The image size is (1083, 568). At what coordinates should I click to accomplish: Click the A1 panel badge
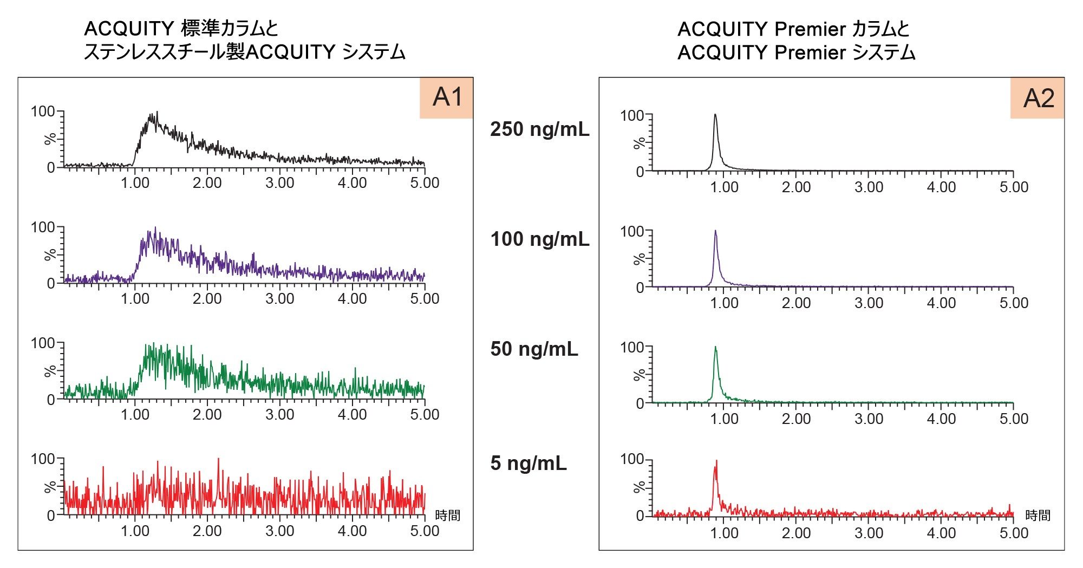click(447, 97)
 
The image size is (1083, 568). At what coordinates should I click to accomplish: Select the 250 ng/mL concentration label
click(539, 129)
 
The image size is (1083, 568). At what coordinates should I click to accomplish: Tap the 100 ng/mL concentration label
click(539, 239)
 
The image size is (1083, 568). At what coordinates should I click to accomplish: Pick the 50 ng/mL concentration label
click(534, 349)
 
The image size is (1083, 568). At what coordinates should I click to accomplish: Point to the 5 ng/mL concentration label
click(528, 463)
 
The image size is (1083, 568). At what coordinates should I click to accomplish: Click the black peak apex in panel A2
click(715, 115)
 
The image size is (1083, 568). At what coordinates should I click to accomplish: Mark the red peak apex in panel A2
click(716, 461)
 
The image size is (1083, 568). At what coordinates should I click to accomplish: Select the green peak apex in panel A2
click(715, 347)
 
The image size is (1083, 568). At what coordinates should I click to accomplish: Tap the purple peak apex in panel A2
click(715, 231)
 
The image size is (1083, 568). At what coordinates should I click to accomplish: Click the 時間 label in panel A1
click(447, 515)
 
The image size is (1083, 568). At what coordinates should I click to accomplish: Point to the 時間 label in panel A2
click(1038, 515)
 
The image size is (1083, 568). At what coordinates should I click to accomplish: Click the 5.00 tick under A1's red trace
click(425, 531)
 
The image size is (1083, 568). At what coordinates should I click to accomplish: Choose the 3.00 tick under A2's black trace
click(869, 187)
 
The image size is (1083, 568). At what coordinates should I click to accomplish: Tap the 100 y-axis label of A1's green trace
click(43, 343)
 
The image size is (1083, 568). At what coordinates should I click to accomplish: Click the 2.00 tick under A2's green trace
click(796, 419)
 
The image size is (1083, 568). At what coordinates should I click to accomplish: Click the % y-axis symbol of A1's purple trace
click(50, 254)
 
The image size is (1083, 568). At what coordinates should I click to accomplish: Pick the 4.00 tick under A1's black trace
click(352, 183)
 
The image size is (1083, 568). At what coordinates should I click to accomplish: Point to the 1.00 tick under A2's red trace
click(724, 533)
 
